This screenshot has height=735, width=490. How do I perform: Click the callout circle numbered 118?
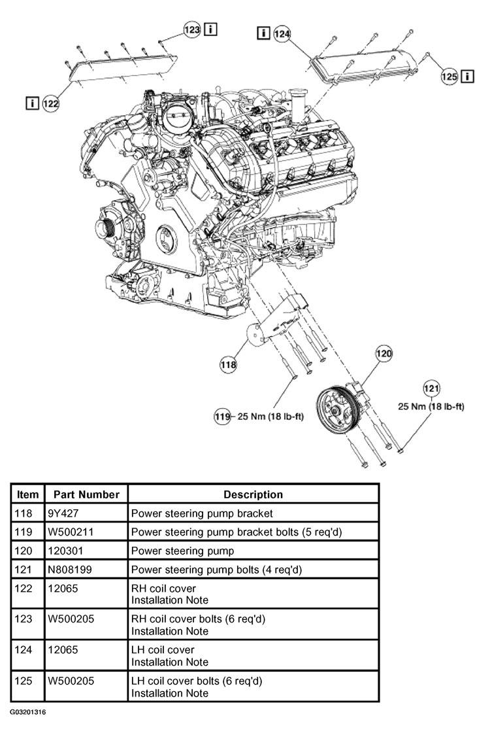click(228, 364)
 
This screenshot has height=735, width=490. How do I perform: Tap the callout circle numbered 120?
click(384, 353)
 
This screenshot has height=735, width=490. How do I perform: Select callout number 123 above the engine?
click(192, 30)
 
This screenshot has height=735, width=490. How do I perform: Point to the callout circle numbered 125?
click(449, 76)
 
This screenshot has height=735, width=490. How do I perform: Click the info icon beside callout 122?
click(31, 103)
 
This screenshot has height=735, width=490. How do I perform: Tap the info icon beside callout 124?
click(263, 33)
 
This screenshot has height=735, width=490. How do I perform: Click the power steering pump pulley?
click(335, 412)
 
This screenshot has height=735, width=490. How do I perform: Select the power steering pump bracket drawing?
click(277, 321)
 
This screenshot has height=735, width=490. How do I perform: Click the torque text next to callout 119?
click(270, 417)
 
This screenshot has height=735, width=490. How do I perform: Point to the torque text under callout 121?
click(431, 406)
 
